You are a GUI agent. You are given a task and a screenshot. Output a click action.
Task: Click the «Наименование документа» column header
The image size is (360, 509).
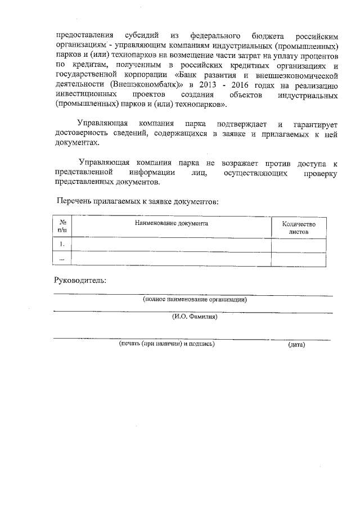click(x=172, y=223)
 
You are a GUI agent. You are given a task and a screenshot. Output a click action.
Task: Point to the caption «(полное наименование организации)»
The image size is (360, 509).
click(x=194, y=300)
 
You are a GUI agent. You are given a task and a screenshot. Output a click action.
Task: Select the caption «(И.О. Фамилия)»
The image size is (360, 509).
click(x=194, y=317)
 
